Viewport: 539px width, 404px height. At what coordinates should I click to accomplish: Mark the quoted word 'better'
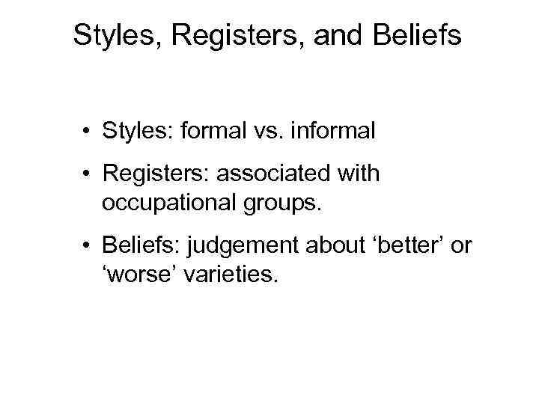coord(402,245)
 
